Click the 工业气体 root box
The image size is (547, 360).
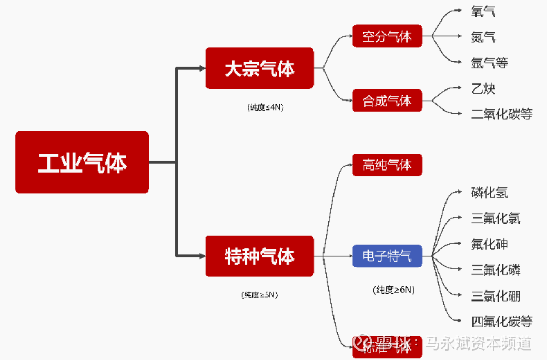[x=82, y=162]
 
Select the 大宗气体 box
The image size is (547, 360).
[x=259, y=68]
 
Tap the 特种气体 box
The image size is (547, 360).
[x=259, y=256]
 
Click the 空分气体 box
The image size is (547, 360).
[x=387, y=36]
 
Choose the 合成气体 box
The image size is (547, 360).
[x=387, y=101]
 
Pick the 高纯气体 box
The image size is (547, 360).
[x=387, y=165]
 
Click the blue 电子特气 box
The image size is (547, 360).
[x=387, y=256]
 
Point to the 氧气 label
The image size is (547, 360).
[x=483, y=12]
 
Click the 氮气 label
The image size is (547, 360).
[x=483, y=37]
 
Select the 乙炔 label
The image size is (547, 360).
[x=483, y=88]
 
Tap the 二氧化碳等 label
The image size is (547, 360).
[x=502, y=114]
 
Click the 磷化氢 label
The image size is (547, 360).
[x=490, y=192]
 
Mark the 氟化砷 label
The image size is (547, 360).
[x=490, y=244]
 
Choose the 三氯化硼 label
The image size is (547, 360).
[x=495, y=295]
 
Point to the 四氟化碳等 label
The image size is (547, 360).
[x=502, y=321]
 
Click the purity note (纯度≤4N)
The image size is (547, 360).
[x=265, y=107]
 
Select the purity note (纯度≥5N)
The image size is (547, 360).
[x=259, y=295]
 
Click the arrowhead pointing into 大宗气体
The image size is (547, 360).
[x=201, y=68]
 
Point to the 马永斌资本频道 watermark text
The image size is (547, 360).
[x=479, y=344]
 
